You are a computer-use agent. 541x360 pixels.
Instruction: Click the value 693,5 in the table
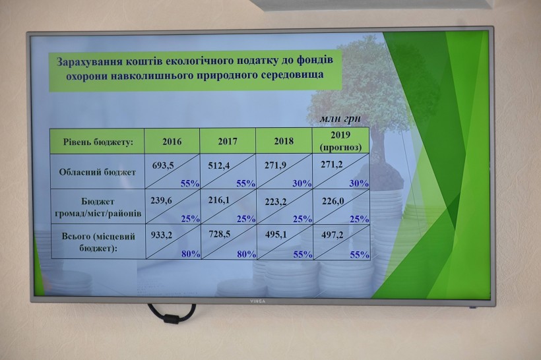click(x=163, y=166)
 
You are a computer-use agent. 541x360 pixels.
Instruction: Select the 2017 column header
click(x=228, y=141)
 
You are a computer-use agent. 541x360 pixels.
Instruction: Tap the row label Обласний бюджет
click(x=97, y=172)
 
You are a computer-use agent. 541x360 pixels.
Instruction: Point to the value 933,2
click(x=162, y=235)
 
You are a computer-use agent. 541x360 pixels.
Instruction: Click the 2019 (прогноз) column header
click(x=340, y=141)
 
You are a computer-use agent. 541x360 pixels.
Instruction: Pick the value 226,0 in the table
click(x=333, y=200)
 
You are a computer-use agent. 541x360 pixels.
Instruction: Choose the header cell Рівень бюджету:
click(x=98, y=142)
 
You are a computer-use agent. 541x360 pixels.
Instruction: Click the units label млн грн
click(x=340, y=119)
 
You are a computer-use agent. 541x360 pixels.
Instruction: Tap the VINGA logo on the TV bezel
click(x=258, y=301)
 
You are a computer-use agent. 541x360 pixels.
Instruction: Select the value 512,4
click(x=219, y=166)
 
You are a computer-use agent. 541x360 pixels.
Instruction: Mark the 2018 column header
click(x=284, y=141)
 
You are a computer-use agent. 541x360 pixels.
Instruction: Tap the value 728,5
click(x=220, y=235)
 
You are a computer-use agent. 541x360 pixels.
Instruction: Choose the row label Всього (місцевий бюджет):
click(x=98, y=242)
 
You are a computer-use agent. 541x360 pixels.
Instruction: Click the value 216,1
click(x=219, y=200)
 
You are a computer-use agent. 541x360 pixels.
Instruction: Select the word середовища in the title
click(x=297, y=75)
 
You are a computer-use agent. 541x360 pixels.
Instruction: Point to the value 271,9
click(x=275, y=165)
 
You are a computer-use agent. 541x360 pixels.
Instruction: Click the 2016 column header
click(x=172, y=142)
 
